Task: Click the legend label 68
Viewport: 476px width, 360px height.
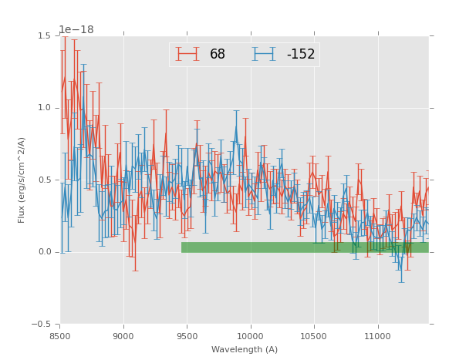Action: (217, 55)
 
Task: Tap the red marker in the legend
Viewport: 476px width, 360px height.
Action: (187, 54)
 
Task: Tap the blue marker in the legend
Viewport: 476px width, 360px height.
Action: (264, 54)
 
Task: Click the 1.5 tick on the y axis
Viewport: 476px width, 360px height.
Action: (44, 35)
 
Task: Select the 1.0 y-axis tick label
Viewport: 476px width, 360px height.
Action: (44, 108)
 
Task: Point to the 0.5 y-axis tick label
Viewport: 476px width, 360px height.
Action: (44, 180)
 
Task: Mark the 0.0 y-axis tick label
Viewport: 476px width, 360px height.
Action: (44, 252)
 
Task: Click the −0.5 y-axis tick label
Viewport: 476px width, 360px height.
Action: (42, 325)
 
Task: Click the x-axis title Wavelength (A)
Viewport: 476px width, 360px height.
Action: (245, 349)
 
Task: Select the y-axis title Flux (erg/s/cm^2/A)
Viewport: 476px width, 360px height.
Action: (22, 180)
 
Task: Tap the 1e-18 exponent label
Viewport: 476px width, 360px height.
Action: (76, 29)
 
